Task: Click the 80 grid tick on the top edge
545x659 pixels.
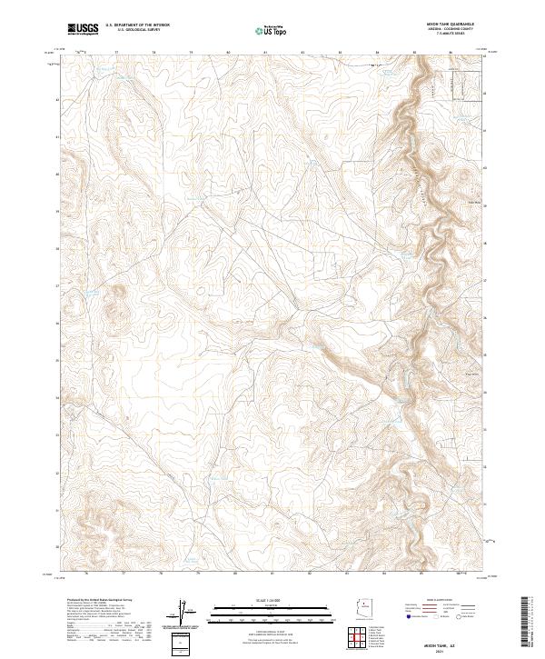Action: click(228, 52)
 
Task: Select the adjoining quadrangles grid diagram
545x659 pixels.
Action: click(364, 639)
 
